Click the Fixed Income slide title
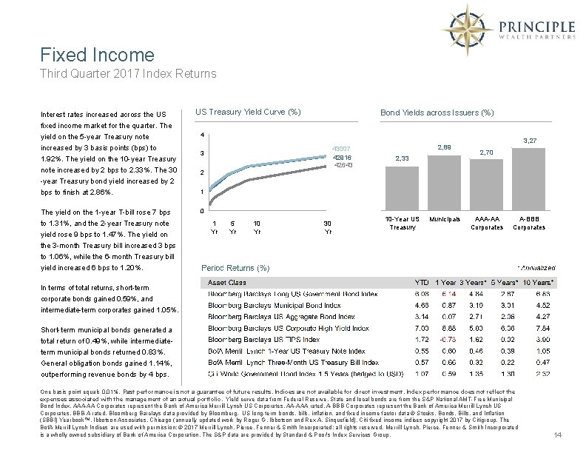coord(98,55)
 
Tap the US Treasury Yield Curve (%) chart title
coord(248,113)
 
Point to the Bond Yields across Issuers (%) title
coord(437,113)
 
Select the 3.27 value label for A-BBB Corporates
coord(530,140)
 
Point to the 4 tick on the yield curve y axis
coord(203,135)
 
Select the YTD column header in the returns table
coord(420,282)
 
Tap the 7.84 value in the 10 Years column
coord(541,327)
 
